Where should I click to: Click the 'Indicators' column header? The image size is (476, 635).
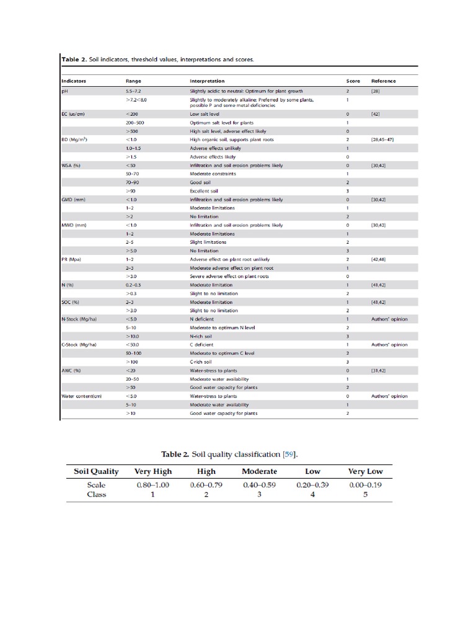tap(74, 81)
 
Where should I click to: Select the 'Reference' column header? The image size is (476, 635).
tap(383, 81)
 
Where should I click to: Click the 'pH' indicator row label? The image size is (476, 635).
tap(64, 91)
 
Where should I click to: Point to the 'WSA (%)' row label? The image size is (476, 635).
tap(71, 166)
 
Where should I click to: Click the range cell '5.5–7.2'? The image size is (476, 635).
tap(134, 91)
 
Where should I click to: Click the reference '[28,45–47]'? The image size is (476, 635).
tap(382, 140)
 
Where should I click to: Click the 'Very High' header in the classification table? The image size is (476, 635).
tap(152, 471)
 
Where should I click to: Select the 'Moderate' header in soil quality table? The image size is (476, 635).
tap(259, 471)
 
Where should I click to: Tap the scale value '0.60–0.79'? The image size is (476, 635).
tap(206, 485)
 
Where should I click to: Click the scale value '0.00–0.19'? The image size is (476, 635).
tap(365, 485)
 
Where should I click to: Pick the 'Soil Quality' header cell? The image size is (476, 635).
tap(96, 471)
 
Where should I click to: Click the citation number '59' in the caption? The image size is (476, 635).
tap(288, 455)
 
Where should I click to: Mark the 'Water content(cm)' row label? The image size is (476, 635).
tap(81, 396)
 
